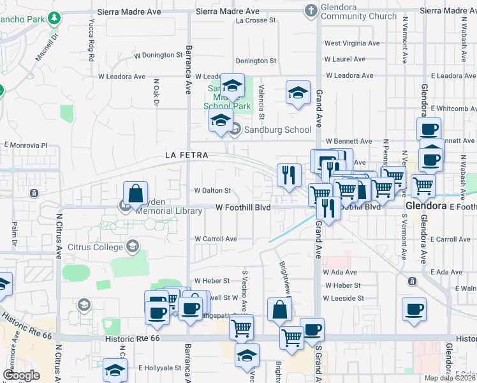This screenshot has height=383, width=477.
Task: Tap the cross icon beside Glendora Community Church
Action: (311, 10)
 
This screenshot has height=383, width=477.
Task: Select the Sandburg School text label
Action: (271, 130)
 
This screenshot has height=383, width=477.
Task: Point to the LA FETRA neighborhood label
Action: (186, 155)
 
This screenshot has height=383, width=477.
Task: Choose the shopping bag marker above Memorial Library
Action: (136, 193)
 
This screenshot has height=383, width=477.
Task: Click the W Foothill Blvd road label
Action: (243, 207)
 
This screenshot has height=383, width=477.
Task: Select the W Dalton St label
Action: (212, 190)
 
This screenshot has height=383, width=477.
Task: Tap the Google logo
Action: (21, 375)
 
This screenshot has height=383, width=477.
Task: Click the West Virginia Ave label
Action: (352, 43)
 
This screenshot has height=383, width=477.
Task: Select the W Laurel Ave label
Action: (345, 59)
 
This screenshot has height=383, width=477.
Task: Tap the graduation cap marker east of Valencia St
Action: (298, 93)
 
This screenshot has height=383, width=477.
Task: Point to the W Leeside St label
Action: (343, 298)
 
